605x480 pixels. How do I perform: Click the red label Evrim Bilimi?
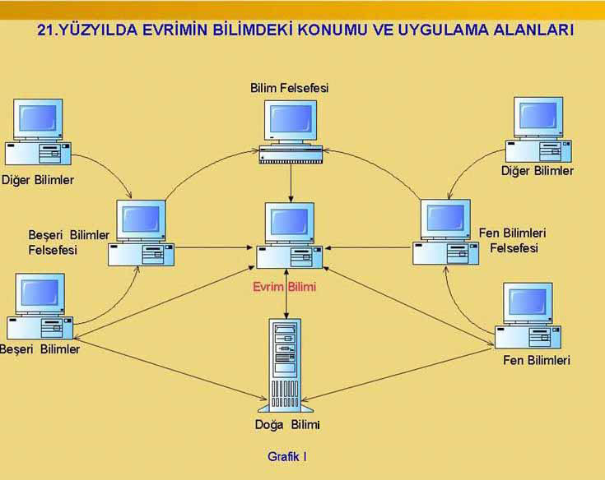click(286, 288)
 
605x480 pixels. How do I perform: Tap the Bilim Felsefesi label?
click(289, 88)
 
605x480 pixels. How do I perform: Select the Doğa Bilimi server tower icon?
click(286, 366)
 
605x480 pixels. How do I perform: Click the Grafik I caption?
click(287, 455)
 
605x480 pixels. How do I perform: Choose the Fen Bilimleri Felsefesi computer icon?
click(445, 233)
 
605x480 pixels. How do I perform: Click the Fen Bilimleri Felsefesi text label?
click(513, 240)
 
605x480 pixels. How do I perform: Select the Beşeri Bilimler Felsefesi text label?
click(68, 242)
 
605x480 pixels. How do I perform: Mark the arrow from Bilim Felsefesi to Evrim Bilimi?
click(291, 182)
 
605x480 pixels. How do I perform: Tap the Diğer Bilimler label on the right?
click(538, 171)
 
